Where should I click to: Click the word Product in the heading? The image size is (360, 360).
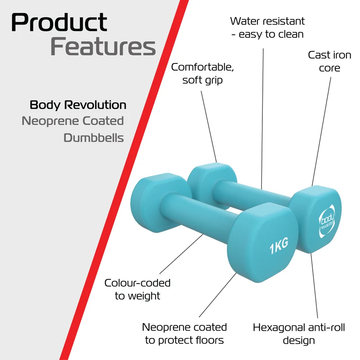(x=59, y=22)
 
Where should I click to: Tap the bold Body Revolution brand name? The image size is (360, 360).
(x=78, y=105)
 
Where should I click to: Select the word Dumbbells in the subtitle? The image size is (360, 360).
(x=94, y=138)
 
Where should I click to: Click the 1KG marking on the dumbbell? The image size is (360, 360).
(x=279, y=246)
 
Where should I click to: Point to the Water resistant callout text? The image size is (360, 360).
(x=267, y=27)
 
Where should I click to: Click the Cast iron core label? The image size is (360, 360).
(x=329, y=61)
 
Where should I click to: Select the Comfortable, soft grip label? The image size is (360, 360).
(x=202, y=73)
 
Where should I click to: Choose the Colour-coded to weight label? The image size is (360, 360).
(x=137, y=289)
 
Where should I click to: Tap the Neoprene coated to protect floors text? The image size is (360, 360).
(x=184, y=333)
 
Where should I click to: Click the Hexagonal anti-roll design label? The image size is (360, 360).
(x=299, y=334)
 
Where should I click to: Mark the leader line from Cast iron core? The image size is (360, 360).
(x=321, y=131)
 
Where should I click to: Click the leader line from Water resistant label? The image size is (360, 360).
(x=262, y=119)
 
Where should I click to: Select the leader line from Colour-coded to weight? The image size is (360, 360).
(x=181, y=254)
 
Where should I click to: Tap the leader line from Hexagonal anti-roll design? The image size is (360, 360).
(x=314, y=285)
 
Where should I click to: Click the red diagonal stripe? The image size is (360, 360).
(x=124, y=180)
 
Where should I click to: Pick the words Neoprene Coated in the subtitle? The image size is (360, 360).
(x=73, y=121)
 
